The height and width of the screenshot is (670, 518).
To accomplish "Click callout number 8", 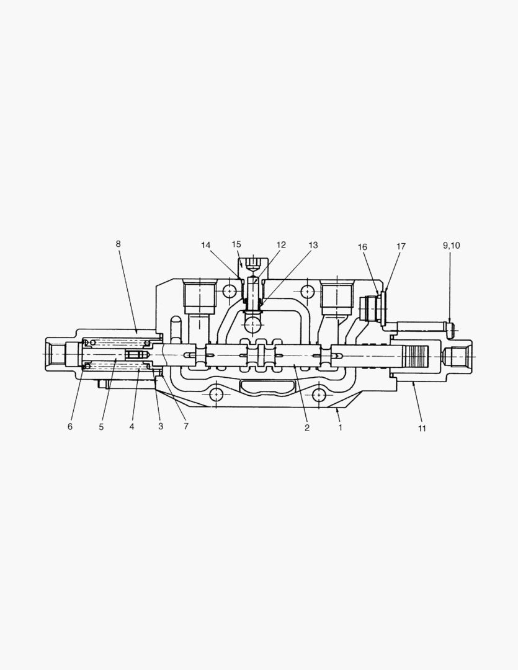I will point(118,244).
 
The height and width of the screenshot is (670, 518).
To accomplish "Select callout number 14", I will point(206,245).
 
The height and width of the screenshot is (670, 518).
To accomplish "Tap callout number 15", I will point(236,244).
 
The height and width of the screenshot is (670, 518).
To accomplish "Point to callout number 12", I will point(281,245).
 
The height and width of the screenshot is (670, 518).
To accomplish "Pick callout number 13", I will point(313,246).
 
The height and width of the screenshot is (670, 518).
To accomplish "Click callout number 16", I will point(362,247).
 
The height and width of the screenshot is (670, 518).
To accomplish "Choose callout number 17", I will point(401,246).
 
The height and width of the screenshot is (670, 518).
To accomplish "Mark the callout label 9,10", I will point(451,246).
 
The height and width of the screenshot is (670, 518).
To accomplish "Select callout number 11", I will point(422,428).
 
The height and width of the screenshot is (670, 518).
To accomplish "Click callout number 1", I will point(340,427).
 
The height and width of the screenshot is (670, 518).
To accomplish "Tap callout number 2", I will point(306,427).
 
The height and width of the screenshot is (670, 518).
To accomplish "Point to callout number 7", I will point(185,426).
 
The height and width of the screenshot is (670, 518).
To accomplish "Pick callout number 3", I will point(161,426).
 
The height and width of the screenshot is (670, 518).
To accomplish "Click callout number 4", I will point(132,426).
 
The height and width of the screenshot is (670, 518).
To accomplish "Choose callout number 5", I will point(101,427).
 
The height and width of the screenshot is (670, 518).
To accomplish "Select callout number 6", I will point(70,426).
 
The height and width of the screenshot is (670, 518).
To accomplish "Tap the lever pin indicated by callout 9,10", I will point(428,326).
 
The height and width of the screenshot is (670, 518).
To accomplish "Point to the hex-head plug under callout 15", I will point(253,267).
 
